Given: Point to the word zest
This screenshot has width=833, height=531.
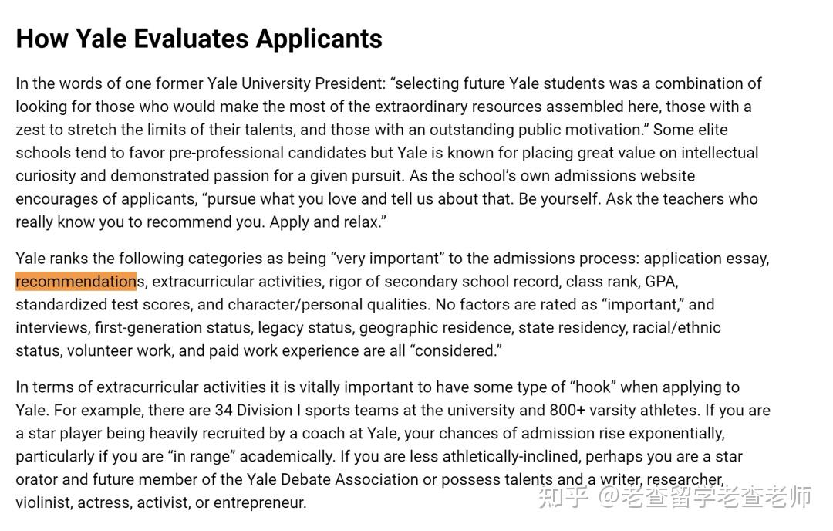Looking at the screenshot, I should coord(30,130).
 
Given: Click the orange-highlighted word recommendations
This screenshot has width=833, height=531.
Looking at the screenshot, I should coord(76,281).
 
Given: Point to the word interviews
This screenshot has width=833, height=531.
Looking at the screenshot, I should coord(51,327).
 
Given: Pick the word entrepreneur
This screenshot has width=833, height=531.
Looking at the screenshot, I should coord(259,503).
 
